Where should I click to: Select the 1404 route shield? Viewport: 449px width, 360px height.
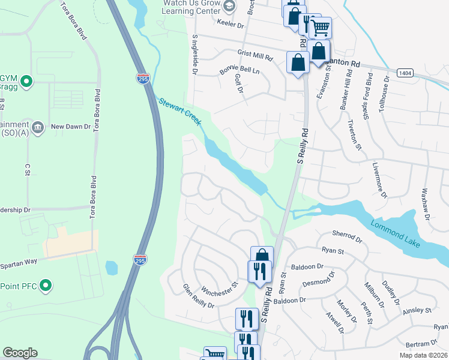pyautogui.click(x=405, y=73)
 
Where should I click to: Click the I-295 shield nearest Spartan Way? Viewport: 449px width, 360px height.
pyautogui.click(x=140, y=258)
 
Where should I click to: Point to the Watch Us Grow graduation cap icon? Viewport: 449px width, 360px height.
pyautogui.click(x=229, y=6)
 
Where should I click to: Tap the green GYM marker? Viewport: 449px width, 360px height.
pyautogui.click(x=26, y=80)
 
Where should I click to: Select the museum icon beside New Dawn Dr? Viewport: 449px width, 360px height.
pyautogui.click(x=37, y=127)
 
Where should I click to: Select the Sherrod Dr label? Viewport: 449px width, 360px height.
pyautogui.click(x=348, y=236)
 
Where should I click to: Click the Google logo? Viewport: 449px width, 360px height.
pyautogui.click(x=20, y=353)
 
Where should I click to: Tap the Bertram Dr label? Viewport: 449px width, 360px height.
pyautogui.click(x=421, y=344)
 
